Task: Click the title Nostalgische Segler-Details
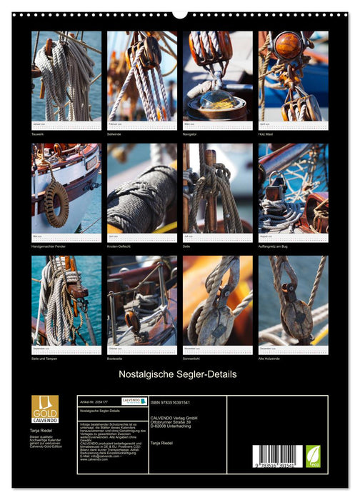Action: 180,374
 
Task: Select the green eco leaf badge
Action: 313,456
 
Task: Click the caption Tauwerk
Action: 39,134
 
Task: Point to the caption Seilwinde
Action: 116,134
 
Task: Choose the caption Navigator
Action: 192,134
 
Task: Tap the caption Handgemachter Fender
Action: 48,246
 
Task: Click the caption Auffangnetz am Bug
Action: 275,246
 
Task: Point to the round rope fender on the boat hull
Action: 57,204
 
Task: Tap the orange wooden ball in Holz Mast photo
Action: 288,46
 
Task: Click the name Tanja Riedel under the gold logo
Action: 42,431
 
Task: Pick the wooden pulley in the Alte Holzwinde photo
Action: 295,314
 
